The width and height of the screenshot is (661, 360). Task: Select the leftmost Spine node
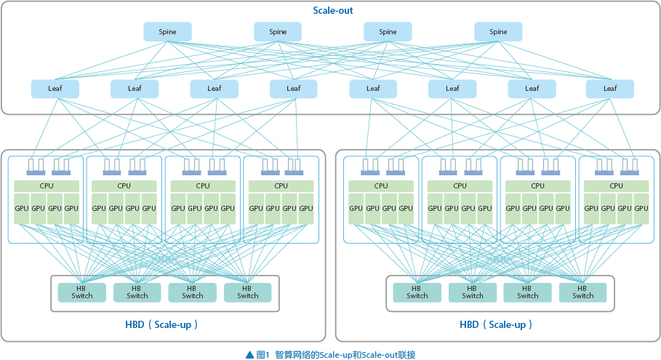click(x=167, y=31)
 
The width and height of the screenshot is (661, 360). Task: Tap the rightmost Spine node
click(x=498, y=31)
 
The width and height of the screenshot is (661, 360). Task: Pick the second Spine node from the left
click(x=278, y=31)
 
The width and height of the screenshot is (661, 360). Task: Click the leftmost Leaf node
click(x=55, y=89)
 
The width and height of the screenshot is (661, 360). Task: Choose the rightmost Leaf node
click(x=610, y=89)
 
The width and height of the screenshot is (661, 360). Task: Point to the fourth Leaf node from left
click(x=293, y=89)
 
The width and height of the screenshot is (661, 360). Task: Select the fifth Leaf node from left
click(x=373, y=89)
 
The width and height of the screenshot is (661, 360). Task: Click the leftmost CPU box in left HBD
click(x=46, y=185)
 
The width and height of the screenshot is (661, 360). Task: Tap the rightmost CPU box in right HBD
click(x=616, y=185)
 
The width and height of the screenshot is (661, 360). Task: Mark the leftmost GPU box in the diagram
click(x=23, y=209)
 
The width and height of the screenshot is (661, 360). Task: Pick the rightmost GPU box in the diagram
click(x=640, y=209)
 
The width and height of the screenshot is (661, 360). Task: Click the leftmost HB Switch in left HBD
click(x=82, y=292)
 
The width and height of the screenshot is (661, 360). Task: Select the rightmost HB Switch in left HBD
click(x=247, y=292)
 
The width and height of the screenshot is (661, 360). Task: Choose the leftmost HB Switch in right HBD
click(x=417, y=292)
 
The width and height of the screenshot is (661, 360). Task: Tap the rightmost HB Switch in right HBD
click(x=582, y=292)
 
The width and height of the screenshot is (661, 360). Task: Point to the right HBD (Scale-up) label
click(x=496, y=324)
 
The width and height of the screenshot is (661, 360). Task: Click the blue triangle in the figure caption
click(x=249, y=354)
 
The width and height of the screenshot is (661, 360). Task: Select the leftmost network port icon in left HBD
click(x=36, y=167)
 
